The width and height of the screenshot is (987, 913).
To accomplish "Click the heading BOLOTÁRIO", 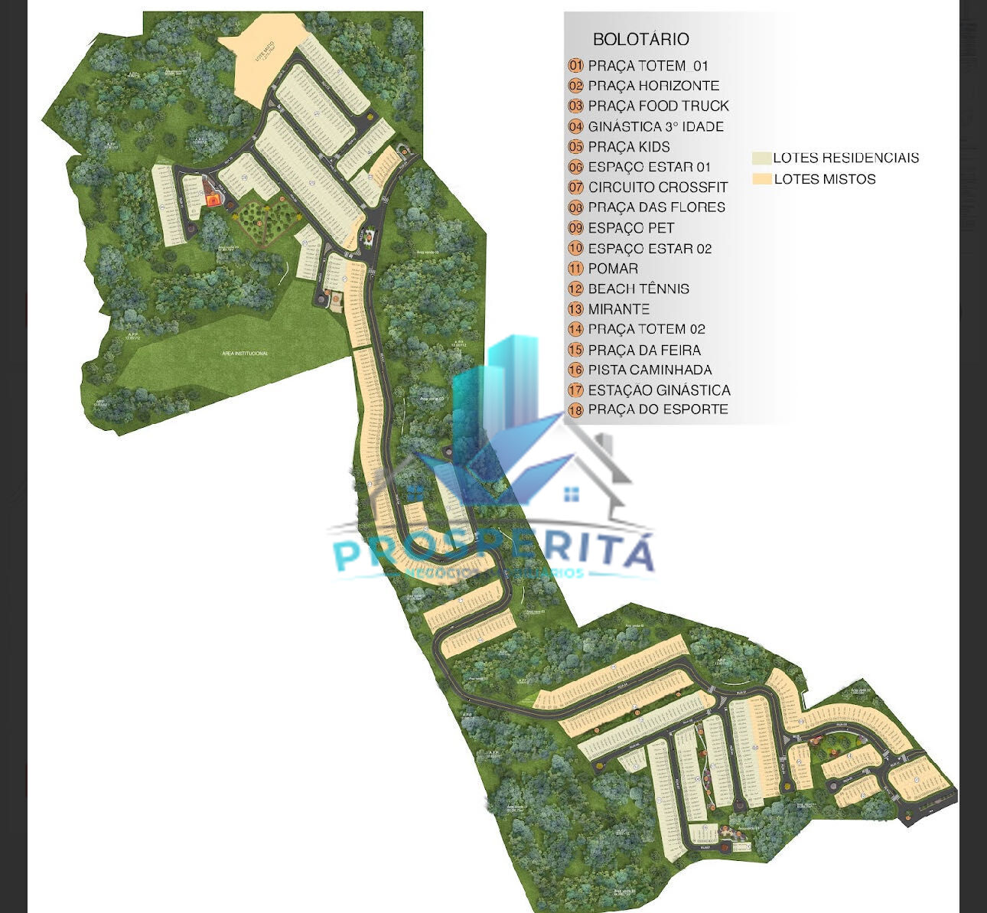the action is pos(640,39).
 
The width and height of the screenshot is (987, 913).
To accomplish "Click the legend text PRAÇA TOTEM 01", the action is pos(648,66).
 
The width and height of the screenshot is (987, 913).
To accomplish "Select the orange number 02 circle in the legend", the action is pos(575,86).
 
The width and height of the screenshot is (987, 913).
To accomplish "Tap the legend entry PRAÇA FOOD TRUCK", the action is pos(658,106).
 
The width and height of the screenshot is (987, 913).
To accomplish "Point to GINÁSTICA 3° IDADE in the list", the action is pos(656,126).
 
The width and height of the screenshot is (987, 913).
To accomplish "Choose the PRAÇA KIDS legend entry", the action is pos(629,146).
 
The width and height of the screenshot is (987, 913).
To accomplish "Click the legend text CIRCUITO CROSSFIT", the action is pos(658,187).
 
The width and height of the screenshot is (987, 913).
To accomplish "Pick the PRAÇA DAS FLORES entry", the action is pos(656,207).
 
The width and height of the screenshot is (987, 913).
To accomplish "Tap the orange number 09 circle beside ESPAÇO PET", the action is pos(575,228).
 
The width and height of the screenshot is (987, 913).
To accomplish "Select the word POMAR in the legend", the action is pos(613,269).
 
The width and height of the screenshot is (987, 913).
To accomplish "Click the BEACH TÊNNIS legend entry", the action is pos(638,289).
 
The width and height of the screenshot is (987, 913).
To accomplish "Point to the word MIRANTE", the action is pos(619,309).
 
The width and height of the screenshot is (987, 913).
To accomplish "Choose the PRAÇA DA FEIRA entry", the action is pos(644,350).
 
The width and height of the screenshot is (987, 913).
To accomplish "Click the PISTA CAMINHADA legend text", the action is pos(650,370).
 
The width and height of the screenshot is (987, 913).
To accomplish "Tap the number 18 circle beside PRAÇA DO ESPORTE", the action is pos(575,410).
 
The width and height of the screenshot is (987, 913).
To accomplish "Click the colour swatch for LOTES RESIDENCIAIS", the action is pos(761,158).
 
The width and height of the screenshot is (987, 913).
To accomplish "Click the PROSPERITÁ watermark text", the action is pos(493,552).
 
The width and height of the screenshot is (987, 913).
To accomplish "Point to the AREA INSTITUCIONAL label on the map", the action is pos(244,353).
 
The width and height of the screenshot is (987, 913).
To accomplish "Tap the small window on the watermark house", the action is pos(571,494).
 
